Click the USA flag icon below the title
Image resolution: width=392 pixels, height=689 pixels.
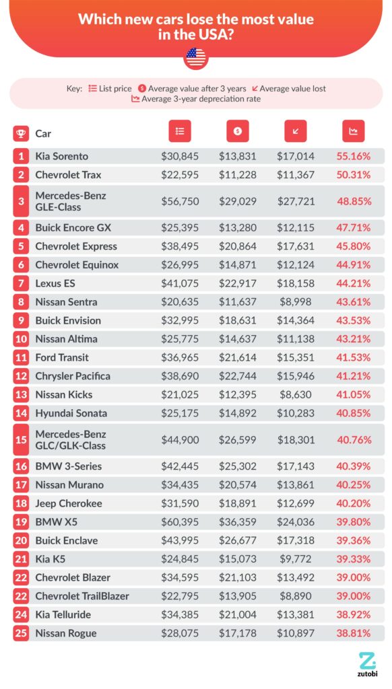196,59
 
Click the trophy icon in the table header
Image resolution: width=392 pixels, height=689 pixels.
21,133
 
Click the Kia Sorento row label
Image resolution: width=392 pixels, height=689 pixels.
61,156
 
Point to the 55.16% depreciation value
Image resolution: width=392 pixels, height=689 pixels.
353,156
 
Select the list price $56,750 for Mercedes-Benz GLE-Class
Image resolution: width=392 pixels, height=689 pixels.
179,202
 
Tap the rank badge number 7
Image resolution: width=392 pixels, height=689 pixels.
21,283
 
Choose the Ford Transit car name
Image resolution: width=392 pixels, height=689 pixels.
62,357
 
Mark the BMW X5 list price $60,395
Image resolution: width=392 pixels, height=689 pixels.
179,522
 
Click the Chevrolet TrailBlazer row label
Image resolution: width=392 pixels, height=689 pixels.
81,596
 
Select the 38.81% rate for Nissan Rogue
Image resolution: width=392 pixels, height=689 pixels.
353,633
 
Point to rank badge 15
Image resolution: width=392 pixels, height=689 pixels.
21,440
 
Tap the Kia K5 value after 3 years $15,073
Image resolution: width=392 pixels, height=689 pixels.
237,559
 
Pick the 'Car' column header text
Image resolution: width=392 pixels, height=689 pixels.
43,133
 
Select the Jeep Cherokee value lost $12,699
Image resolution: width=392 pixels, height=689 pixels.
295,504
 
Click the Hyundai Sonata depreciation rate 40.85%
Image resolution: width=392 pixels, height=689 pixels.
353,413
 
